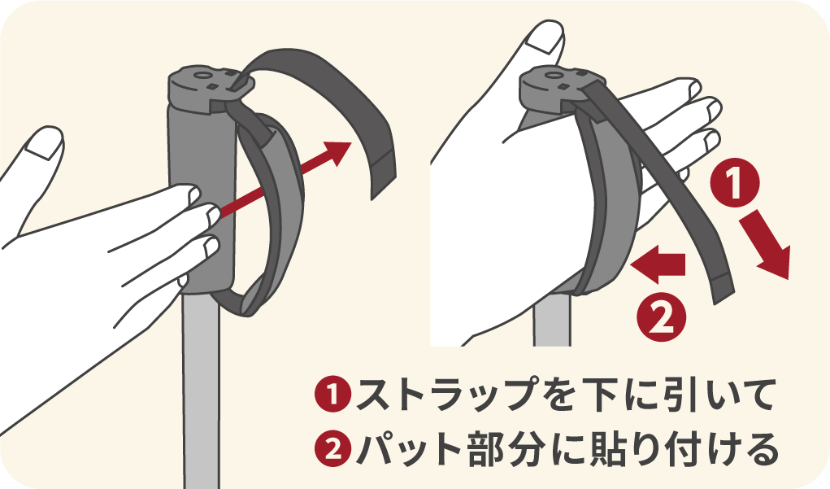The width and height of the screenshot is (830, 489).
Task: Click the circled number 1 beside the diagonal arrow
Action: pos(734,185)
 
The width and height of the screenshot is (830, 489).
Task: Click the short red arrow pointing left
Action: pos(658,264)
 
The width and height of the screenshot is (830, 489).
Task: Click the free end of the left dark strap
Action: pos(382,174)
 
